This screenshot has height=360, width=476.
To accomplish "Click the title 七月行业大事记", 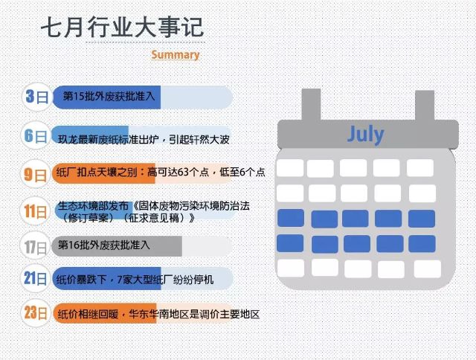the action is coord(122,28).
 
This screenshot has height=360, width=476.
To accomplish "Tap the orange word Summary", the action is coord(176,54).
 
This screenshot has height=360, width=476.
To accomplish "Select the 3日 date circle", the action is coord(36,97).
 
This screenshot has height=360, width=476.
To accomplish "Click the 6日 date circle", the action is coord(36,135).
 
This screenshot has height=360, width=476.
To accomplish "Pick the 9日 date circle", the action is coord(36,174).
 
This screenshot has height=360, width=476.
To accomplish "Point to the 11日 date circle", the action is coord(35,211).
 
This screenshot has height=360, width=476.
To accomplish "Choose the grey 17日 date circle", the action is coord(35,246).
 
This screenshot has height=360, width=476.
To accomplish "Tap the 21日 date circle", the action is coord(35,278).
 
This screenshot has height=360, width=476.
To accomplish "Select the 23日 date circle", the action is coord(36,312).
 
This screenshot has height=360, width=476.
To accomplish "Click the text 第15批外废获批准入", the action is coord(109,97).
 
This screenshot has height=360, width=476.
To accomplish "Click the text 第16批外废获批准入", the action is coord(104,245).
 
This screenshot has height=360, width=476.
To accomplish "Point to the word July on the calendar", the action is coord(365,134).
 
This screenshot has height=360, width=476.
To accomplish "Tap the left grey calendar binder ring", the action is coord(311,105).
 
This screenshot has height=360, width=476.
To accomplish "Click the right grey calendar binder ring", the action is coord(425,106).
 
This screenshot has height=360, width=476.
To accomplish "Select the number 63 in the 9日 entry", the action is coord(183,172).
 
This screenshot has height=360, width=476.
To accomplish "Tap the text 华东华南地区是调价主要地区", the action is coord(194,314).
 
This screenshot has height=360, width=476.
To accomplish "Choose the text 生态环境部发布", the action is coord(93,206).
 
